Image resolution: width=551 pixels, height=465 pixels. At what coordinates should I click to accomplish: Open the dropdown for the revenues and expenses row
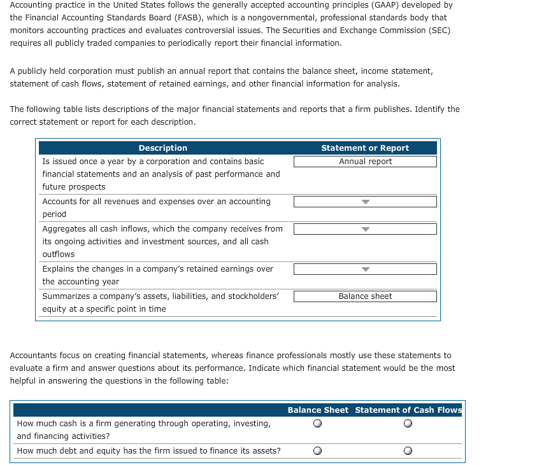click(x=365, y=202)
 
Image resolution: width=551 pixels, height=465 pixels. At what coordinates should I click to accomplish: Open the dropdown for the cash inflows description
click(x=365, y=228)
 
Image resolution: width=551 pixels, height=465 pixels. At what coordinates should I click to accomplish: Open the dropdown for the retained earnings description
click(x=365, y=269)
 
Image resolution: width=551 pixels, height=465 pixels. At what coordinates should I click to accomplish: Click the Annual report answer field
click(x=365, y=162)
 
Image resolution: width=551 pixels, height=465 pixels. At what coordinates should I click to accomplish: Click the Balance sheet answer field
click(x=365, y=296)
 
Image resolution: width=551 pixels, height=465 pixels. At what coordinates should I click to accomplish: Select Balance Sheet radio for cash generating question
click(x=317, y=424)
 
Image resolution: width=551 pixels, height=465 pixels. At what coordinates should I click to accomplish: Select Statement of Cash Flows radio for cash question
click(x=408, y=424)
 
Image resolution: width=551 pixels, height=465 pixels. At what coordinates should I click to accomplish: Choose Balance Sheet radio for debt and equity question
click(x=317, y=451)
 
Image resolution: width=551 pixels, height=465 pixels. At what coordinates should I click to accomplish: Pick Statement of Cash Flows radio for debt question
click(x=408, y=451)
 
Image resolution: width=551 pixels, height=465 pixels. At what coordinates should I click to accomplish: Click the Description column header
click(x=163, y=148)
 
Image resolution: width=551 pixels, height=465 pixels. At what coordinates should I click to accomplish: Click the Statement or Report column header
click(x=365, y=148)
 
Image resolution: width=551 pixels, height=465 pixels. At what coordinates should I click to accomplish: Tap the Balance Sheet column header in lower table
click(x=318, y=410)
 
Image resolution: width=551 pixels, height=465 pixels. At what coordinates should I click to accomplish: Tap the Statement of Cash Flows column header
click(x=408, y=410)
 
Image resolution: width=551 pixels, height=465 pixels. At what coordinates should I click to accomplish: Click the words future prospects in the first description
click(x=74, y=187)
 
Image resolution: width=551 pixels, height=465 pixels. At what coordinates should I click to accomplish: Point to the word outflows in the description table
click(x=59, y=254)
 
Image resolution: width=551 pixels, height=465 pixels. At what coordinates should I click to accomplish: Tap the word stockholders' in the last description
click(x=254, y=296)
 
